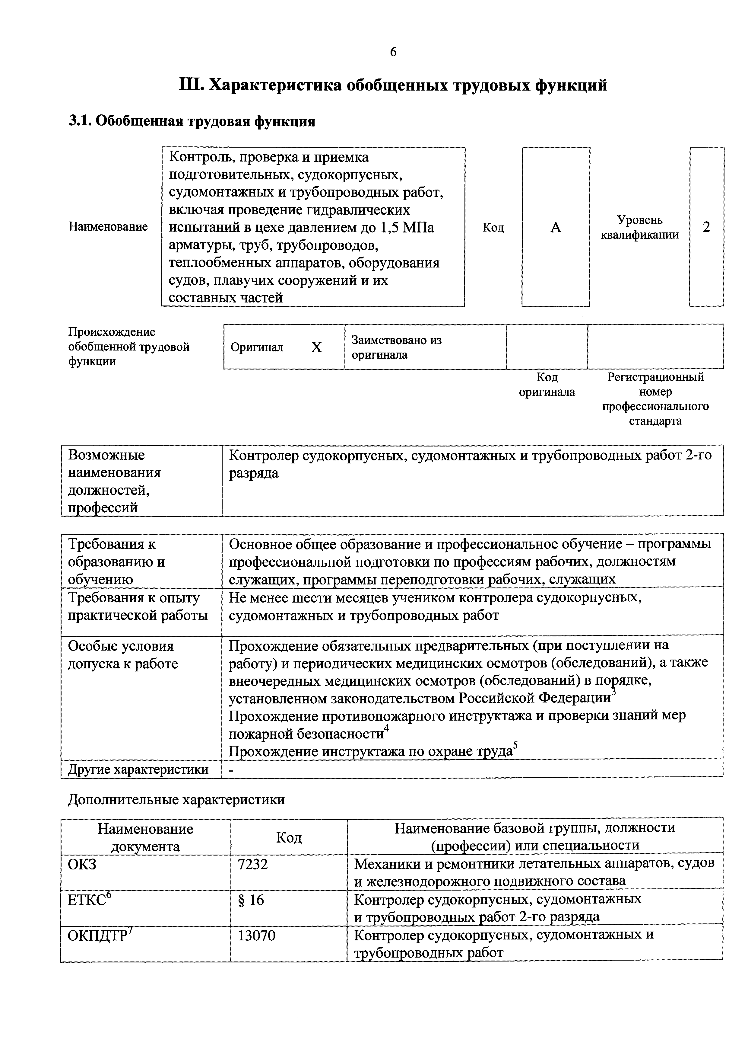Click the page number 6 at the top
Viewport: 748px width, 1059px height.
click(393, 52)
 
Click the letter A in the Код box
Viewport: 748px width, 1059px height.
click(556, 227)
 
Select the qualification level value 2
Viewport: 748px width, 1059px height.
click(706, 227)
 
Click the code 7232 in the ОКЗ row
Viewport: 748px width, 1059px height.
click(252, 864)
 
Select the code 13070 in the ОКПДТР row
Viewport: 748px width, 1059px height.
click(256, 936)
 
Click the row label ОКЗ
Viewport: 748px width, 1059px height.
click(82, 864)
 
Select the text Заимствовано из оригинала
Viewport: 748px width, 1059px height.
click(396, 347)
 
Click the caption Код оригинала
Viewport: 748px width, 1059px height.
click(547, 385)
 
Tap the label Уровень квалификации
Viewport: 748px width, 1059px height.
click(640, 227)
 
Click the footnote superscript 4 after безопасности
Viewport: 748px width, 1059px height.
click(387, 728)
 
